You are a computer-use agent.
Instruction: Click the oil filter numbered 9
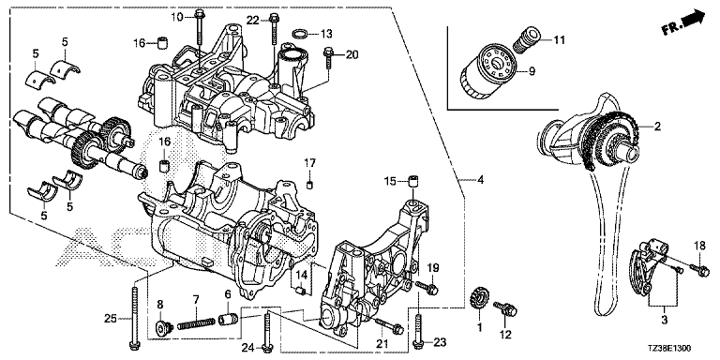489,71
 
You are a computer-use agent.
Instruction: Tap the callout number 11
559,40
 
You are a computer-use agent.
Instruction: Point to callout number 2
657,127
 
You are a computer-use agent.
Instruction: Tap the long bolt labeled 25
134,317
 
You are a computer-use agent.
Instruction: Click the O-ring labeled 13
300,34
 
